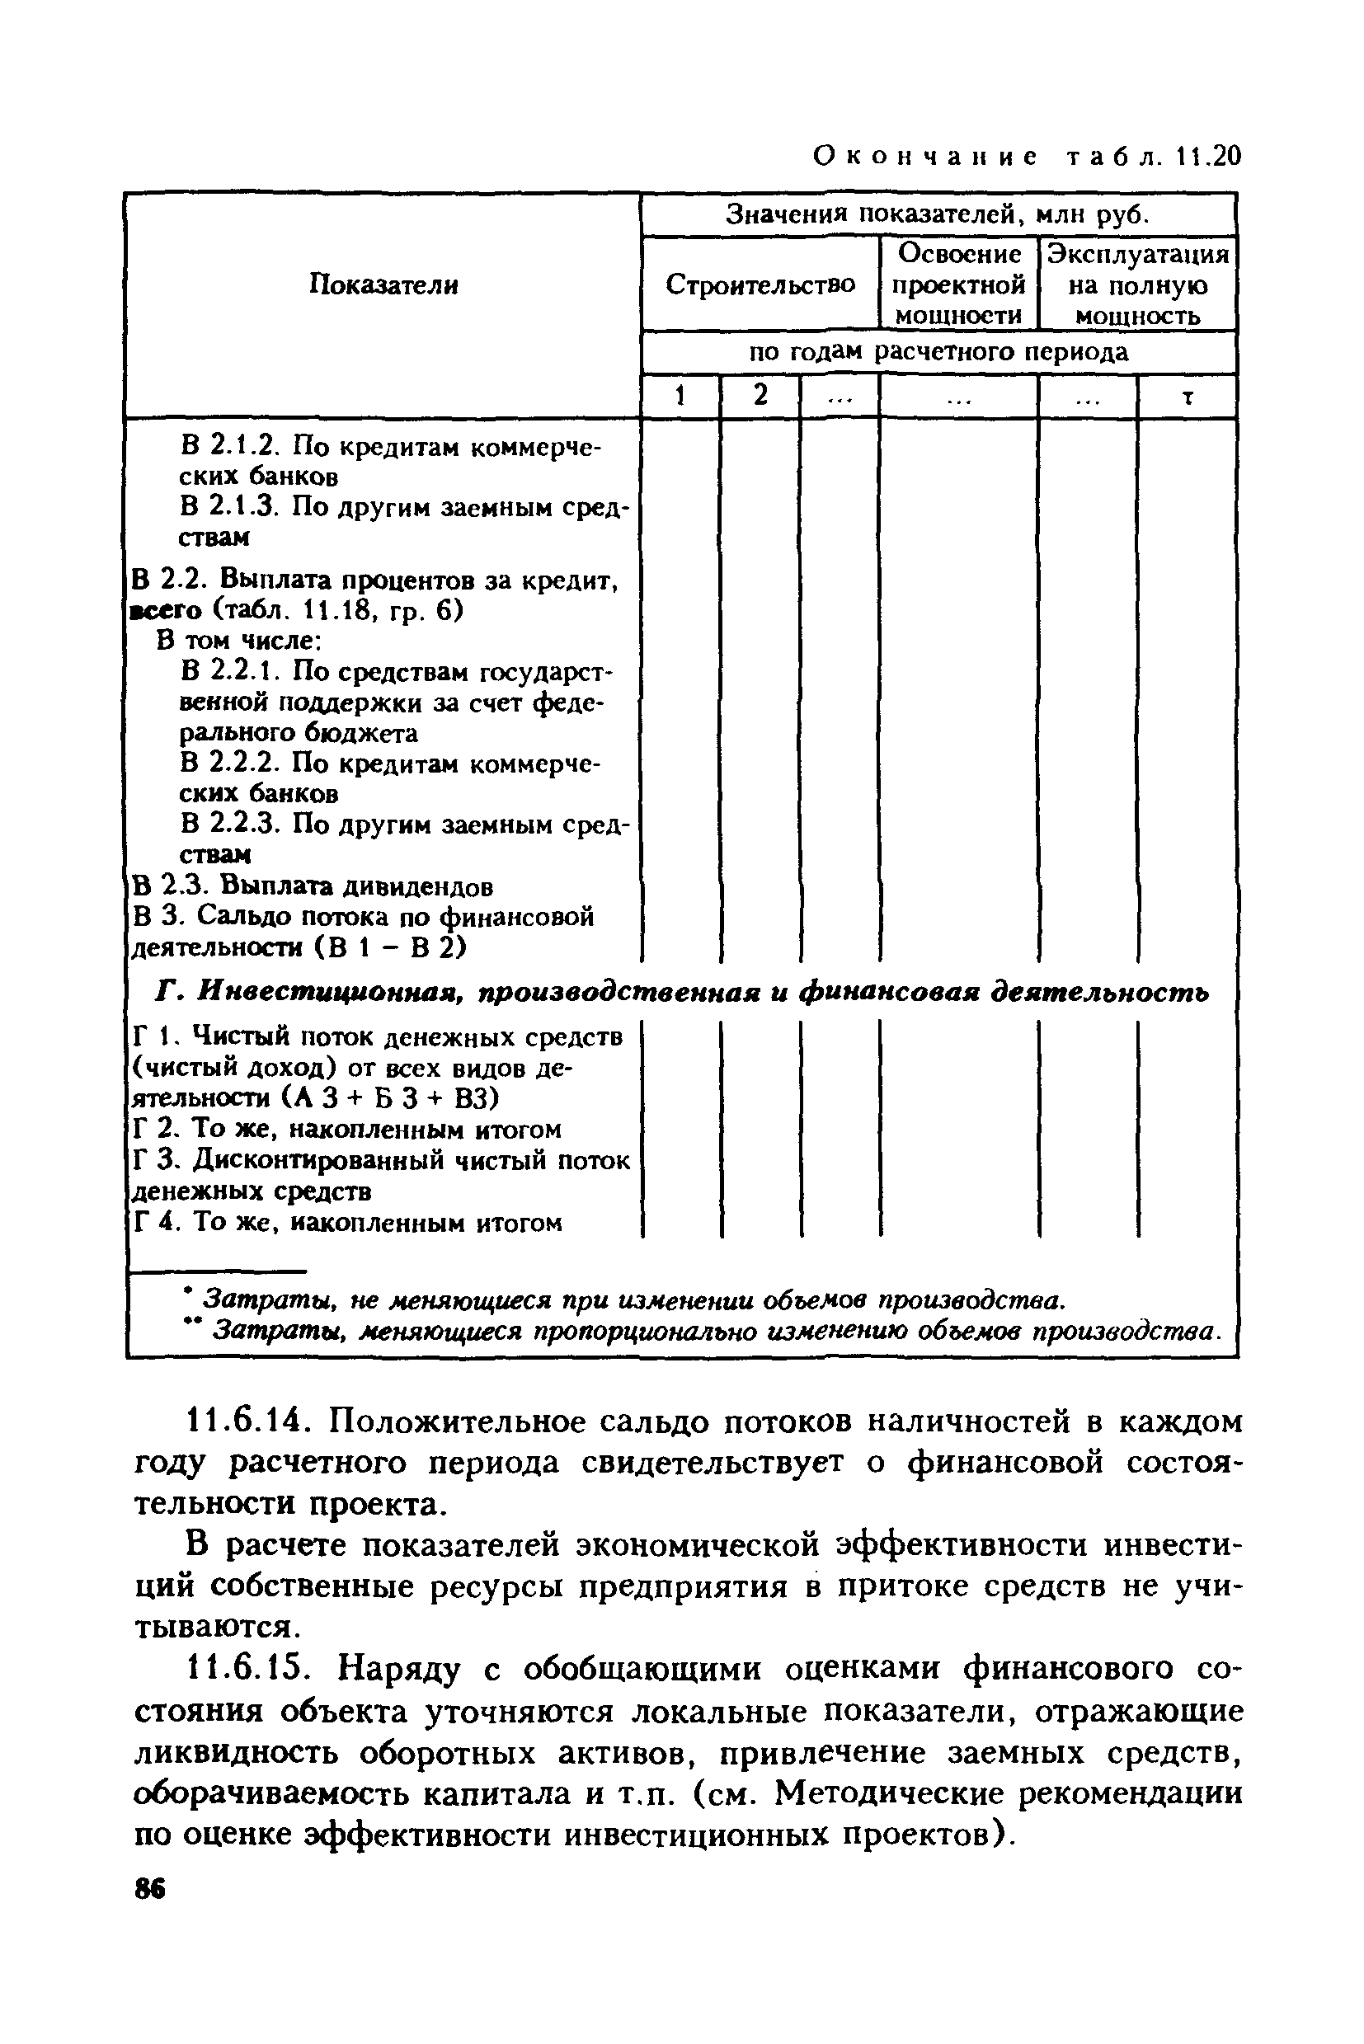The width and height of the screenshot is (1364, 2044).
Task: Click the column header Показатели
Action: (383, 284)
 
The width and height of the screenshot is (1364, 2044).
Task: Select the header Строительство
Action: (760, 284)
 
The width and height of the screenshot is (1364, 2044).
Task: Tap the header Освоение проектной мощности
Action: (958, 284)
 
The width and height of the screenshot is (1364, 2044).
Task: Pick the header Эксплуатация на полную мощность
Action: (1138, 284)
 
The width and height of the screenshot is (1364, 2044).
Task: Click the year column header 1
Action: (680, 397)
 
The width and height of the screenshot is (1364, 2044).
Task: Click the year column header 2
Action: (760, 397)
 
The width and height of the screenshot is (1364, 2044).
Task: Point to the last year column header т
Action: (1187, 397)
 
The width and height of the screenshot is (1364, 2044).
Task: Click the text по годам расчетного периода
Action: (938, 352)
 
